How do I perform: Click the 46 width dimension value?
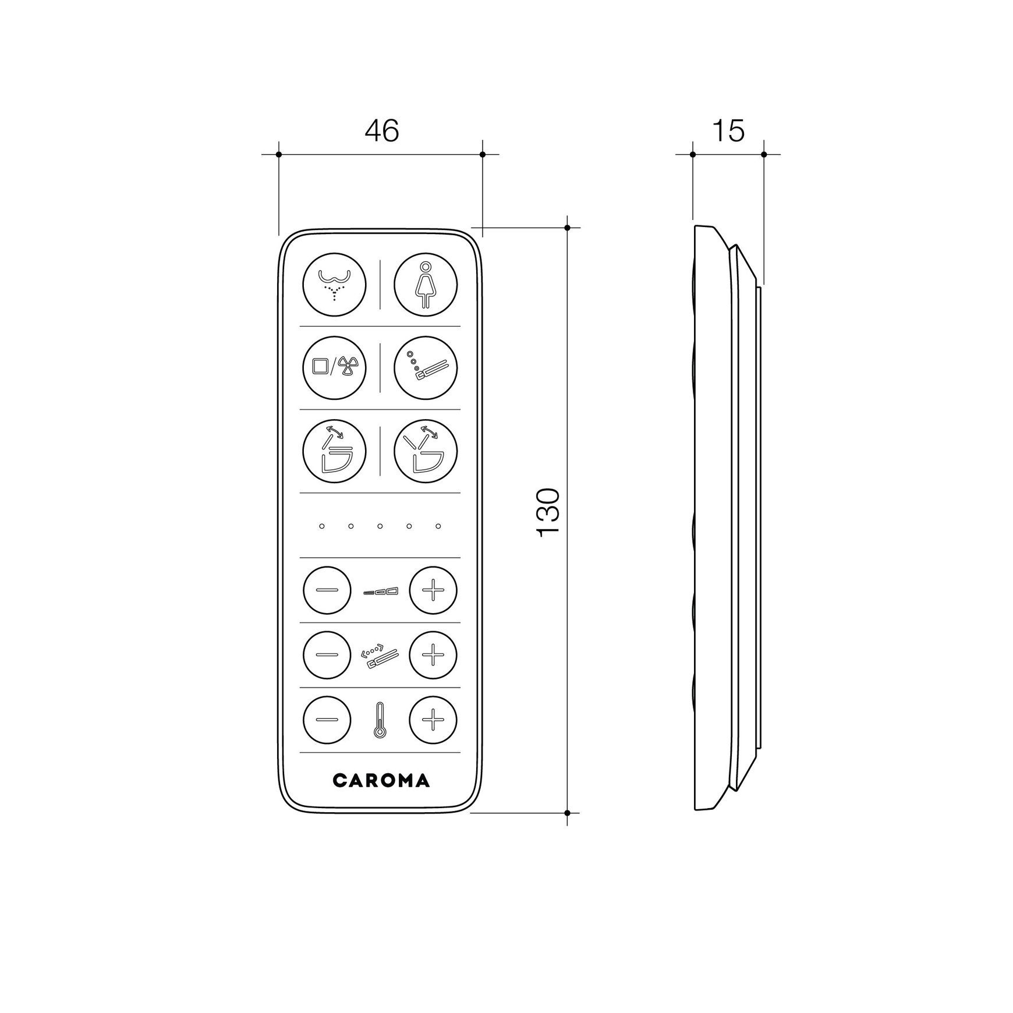click(381, 131)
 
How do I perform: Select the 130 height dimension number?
click(548, 512)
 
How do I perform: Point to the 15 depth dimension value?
click(728, 131)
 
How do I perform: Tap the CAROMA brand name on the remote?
click(381, 781)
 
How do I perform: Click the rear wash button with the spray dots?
click(334, 285)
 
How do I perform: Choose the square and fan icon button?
click(334, 367)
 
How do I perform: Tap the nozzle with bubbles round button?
click(426, 367)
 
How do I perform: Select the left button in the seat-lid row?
click(334, 451)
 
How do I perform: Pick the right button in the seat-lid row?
click(426, 451)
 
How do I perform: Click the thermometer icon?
click(380, 721)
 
